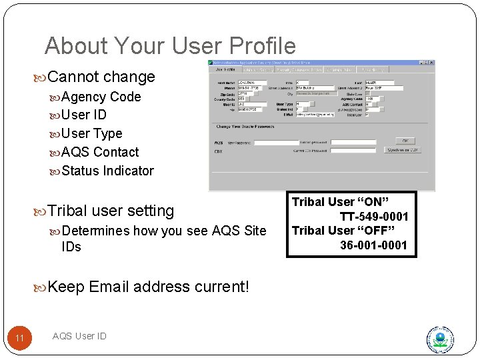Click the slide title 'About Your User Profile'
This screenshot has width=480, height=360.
click(x=170, y=46)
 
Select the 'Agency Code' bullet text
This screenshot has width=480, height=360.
click(x=101, y=97)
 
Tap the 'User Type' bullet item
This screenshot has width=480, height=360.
click(x=91, y=133)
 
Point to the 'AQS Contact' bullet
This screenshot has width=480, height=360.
click(x=100, y=152)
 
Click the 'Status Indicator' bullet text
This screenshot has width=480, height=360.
click(x=107, y=171)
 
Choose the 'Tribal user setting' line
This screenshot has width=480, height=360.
click(x=111, y=211)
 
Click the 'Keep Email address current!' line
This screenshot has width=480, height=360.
click(x=148, y=287)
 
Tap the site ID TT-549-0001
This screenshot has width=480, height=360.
click(x=373, y=217)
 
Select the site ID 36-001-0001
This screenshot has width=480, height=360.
click(x=373, y=245)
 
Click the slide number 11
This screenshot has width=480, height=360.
click(x=19, y=339)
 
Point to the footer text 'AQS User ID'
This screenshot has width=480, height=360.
click(x=79, y=336)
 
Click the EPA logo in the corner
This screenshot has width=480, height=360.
click(x=440, y=339)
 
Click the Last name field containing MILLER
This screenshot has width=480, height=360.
click(x=380, y=83)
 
